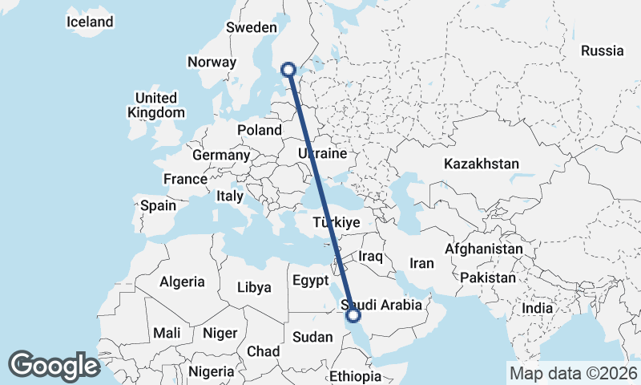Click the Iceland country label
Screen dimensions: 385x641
[x=90, y=22]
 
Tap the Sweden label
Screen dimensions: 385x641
[x=251, y=27]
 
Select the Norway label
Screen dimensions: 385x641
[x=212, y=62]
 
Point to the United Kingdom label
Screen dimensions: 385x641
[x=156, y=106]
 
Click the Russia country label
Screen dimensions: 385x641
[x=602, y=51]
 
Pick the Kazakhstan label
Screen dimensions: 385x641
[x=481, y=164]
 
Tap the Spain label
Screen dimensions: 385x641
[x=158, y=205]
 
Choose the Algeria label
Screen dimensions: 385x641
[x=182, y=282]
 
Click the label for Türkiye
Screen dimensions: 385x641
[x=337, y=222]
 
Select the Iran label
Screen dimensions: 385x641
[x=421, y=263]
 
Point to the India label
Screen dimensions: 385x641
[x=537, y=308]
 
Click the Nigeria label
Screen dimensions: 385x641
[x=212, y=371]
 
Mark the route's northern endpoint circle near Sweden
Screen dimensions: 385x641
[x=290, y=70]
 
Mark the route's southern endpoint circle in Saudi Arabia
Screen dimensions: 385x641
[x=353, y=315]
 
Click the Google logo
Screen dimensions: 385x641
[x=54, y=366]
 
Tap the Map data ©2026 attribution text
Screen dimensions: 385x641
[x=574, y=373]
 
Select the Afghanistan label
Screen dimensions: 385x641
[x=483, y=249]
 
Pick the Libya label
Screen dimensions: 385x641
[x=255, y=286]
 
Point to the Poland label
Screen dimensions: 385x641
[x=260, y=130]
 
